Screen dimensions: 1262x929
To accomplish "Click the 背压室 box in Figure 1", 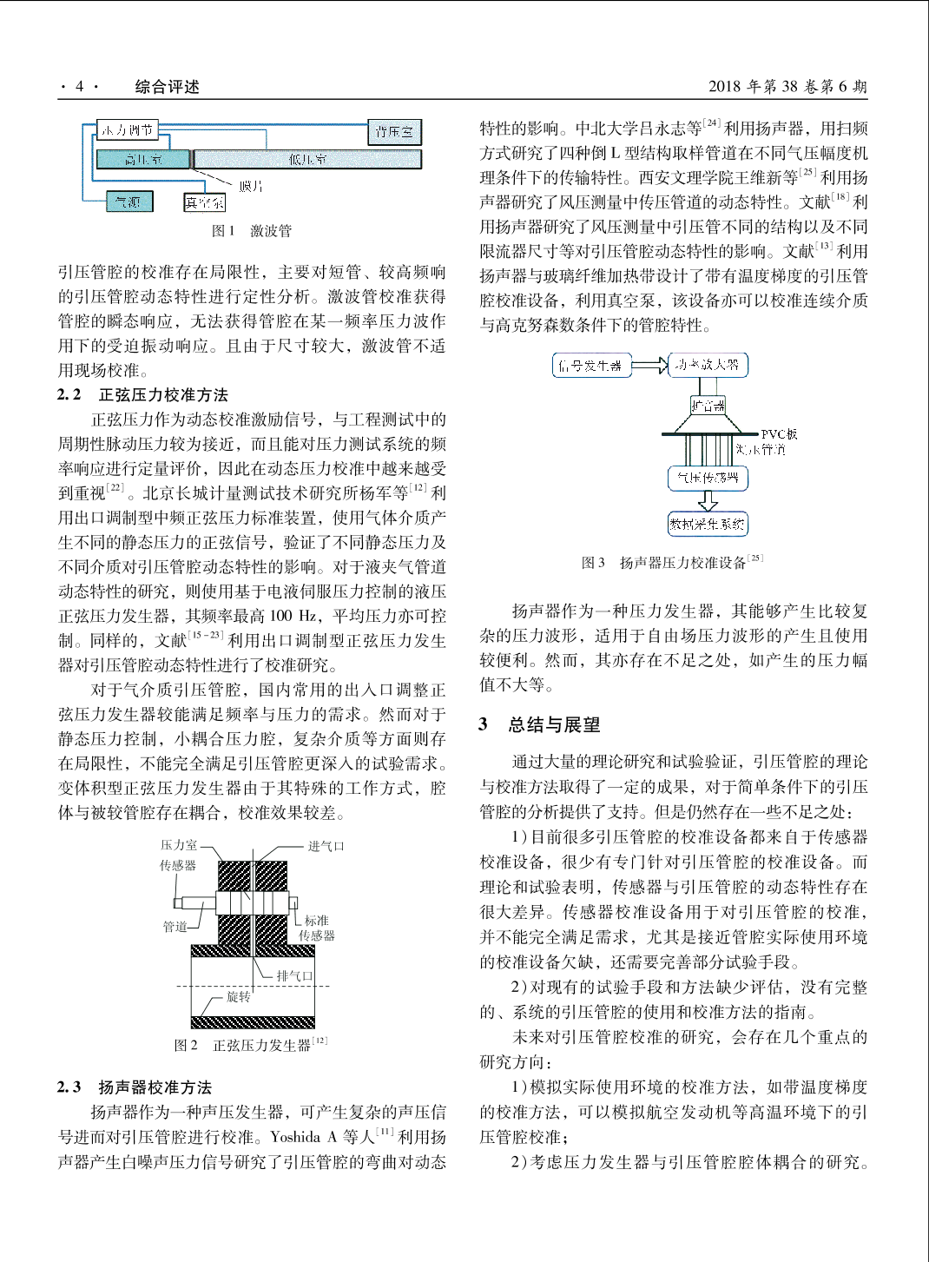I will pos(394,131).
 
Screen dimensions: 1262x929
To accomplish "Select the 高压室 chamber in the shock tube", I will pos(142,159).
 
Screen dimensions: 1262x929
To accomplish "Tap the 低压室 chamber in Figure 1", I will pos(307,159).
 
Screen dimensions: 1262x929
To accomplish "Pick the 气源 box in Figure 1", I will pos(128,202).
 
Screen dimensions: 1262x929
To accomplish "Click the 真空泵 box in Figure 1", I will pos(204,202).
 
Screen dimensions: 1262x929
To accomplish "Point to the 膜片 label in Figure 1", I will pos(251,186).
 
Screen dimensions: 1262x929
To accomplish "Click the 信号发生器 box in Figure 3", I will pos(590,366).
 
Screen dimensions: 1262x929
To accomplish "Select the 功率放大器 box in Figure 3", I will pos(708,365).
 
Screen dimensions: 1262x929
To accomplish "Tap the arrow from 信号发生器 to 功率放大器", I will pos(649,365).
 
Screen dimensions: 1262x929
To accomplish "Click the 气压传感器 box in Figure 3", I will pos(708,478).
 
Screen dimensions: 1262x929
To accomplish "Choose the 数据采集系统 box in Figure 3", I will pos(708,524).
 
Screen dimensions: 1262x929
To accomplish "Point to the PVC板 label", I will pos(779,433).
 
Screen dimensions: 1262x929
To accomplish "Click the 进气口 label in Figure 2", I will pos(326,846).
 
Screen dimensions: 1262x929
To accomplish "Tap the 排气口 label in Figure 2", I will pos(294,975).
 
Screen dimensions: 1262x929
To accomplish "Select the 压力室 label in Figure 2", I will pos(179,845).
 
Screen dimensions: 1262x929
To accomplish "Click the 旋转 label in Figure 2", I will pos(238,997).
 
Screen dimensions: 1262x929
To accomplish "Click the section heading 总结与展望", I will pos(554,724).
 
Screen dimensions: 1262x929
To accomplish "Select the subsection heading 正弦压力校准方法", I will pos(163,395).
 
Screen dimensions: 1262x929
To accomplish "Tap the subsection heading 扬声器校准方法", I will pos(155,1087).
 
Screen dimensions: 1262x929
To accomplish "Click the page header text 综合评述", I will pos(167,86).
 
